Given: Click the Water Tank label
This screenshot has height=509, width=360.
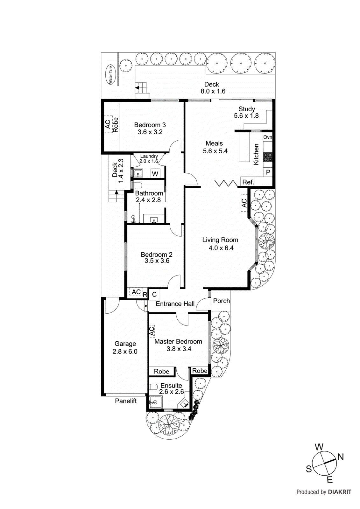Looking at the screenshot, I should [x=110, y=74].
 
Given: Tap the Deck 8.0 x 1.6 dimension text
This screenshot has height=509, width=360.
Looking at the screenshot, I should [x=213, y=91].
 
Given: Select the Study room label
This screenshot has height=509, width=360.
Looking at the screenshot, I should [x=247, y=109].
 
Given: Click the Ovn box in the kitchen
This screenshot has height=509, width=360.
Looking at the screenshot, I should [x=268, y=137].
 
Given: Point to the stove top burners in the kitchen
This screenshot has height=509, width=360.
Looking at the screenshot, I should [x=268, y=157].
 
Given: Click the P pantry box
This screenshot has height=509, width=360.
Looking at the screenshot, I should [x=268, y=172].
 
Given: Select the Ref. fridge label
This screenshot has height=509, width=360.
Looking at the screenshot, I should [x=248, y=182].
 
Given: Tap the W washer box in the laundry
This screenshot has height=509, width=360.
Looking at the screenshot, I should [x=155, y=174].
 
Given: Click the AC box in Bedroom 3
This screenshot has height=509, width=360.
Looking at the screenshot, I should [x=108, y=124].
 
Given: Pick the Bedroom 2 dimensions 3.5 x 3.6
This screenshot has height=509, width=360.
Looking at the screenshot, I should [x=157, y=261].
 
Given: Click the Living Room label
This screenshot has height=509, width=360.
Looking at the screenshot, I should [x=220, y=240].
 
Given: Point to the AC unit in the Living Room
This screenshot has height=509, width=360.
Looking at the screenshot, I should [x=244, y=203].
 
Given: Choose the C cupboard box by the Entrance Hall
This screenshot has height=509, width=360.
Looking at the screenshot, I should [x=154, y=295].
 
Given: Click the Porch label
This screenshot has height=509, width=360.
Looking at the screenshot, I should [x=221, y=301].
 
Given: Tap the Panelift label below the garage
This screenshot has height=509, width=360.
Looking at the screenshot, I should [x=126, y=401].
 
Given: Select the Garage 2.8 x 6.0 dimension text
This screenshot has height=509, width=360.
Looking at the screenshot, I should [x=125, y=352].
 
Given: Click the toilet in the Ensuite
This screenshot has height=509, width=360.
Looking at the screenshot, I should [x=153, y=387].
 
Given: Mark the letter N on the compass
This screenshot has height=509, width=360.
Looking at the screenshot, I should [x=340, y=457].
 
